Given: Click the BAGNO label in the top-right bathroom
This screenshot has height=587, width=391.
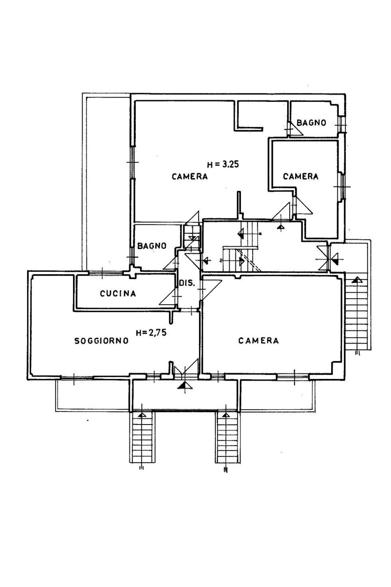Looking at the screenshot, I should click(311, 123).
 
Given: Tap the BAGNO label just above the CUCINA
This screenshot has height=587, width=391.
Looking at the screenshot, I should click(152, 246).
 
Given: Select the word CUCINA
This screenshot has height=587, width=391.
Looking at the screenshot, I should click(118, 294).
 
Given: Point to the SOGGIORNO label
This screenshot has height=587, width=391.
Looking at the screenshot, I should click(101, 341).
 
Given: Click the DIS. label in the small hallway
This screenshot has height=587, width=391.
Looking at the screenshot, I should click(187, 283).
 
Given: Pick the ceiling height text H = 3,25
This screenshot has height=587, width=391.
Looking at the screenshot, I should click(223, 164).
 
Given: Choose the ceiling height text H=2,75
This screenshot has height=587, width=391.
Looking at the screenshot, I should click(151, 333).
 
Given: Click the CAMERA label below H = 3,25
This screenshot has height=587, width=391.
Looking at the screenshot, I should click(190, 176).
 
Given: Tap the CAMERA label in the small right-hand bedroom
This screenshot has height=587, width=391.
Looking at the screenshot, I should click(300, 176).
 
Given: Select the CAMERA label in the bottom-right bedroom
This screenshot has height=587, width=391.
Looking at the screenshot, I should click(259, 341).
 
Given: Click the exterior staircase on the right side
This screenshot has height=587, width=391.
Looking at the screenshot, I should click(357, 315).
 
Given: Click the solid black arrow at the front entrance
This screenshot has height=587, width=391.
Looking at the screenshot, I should click(184, 385).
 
